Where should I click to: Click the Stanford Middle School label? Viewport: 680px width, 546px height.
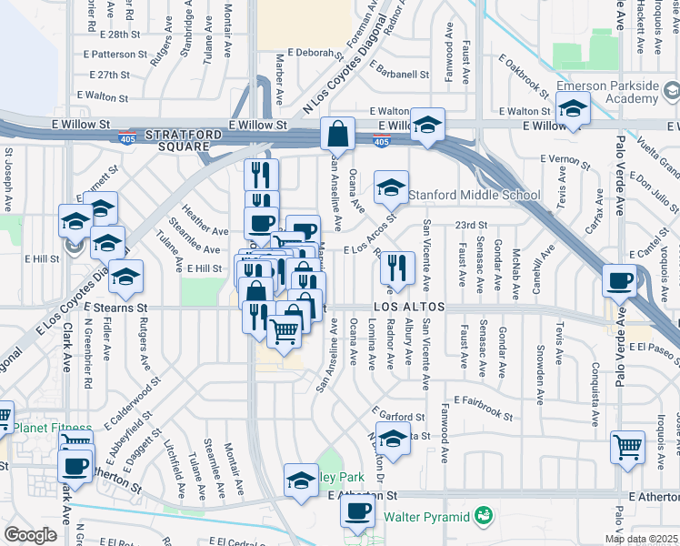click(474, 195)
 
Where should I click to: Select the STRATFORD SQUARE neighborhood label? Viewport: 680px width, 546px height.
click(190, 139)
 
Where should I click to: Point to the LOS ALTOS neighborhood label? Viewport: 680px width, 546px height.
click(408, 308)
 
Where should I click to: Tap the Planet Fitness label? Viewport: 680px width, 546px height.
click(52, 428)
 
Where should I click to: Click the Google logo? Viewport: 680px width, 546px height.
click(29, 535)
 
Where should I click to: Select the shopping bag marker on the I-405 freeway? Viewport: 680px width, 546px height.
click(337, 134)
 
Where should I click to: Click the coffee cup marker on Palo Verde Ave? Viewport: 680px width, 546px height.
click(619, 280)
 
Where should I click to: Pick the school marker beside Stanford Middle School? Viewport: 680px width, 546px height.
click(392, 187)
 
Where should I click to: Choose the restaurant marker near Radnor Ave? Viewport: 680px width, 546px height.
click(396, 267)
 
